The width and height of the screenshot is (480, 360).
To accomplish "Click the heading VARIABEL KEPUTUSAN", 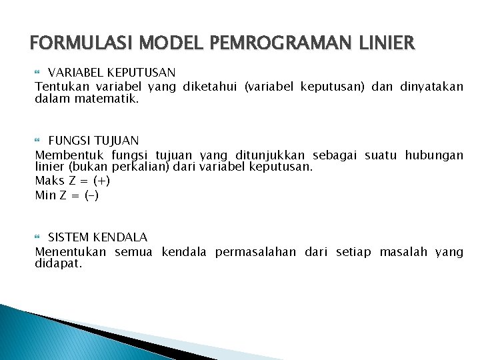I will coord(112,72).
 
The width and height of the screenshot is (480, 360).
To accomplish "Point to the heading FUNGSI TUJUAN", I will coord(93,141).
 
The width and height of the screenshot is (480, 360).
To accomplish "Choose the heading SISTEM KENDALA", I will coord(98,237).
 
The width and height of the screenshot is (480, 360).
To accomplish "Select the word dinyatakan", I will coord(431,87).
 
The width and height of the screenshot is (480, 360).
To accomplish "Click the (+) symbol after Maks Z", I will coord(102,181).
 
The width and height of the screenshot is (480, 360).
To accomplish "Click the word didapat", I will coord(58,263).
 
